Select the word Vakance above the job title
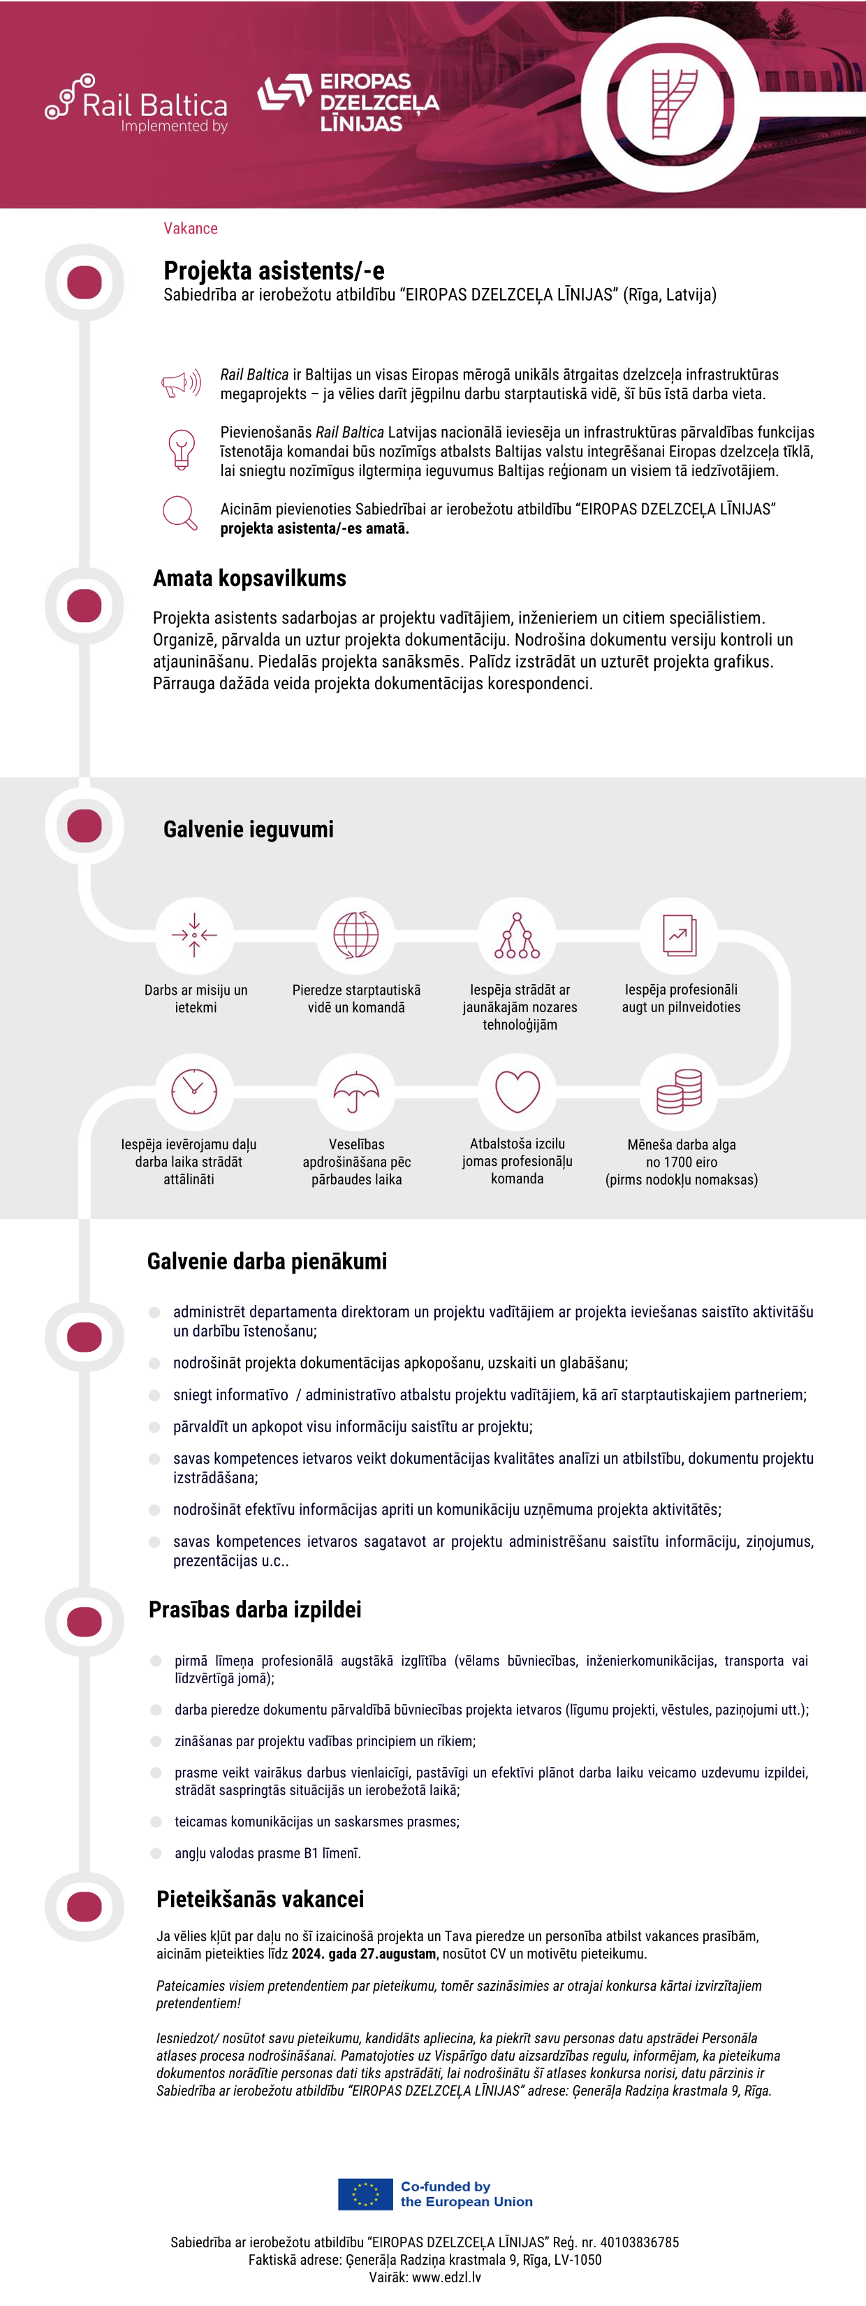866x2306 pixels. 191,229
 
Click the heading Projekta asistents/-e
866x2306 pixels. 274,271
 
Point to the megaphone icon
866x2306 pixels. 182,384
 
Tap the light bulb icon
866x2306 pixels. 182,449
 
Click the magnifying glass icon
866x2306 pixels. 179,513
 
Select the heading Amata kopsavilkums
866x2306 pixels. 249,578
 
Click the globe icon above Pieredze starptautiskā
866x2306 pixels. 356,935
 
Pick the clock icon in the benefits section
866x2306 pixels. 194,1091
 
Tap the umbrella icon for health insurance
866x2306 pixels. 356,1091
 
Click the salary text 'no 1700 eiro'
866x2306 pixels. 682,1162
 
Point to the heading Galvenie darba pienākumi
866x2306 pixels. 267,1261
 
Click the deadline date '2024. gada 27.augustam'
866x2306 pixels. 364,1953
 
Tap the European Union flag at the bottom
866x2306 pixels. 365,2194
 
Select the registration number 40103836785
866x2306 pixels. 640,2242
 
